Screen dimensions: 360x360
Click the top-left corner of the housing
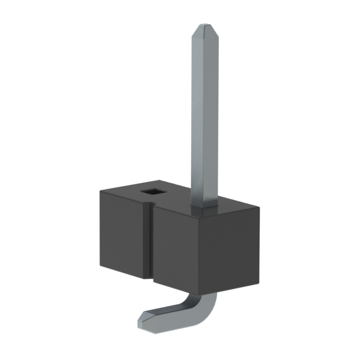[100, 192]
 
